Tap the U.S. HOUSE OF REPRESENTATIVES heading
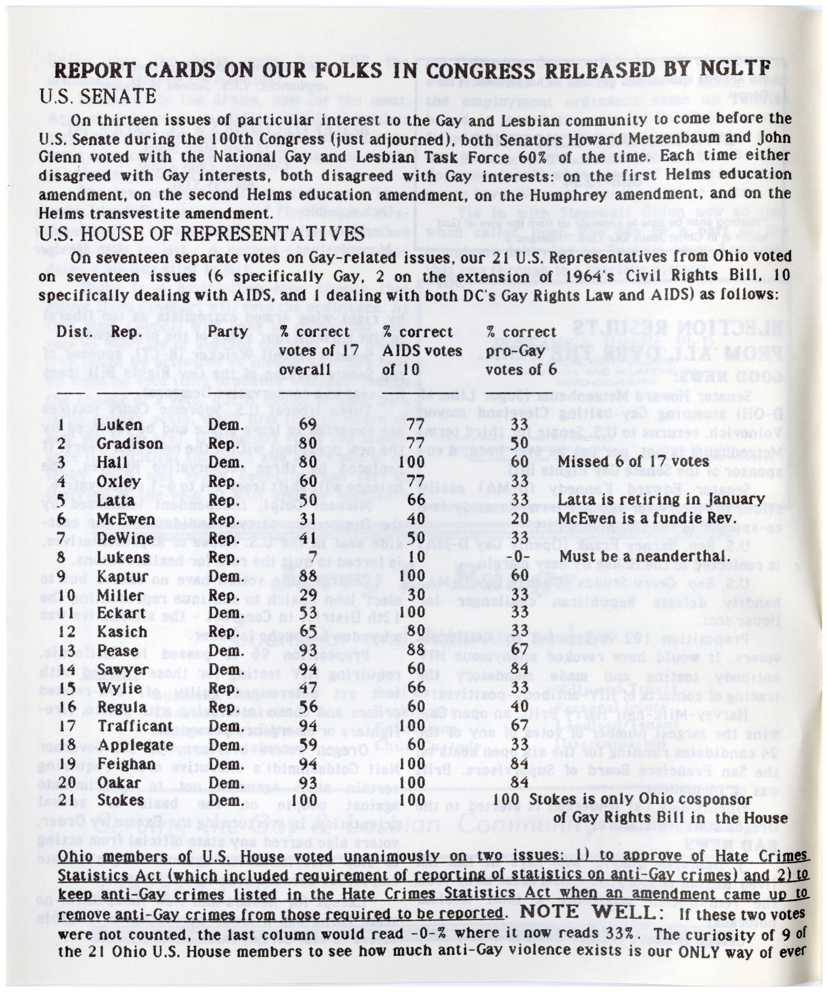point(201,233)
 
